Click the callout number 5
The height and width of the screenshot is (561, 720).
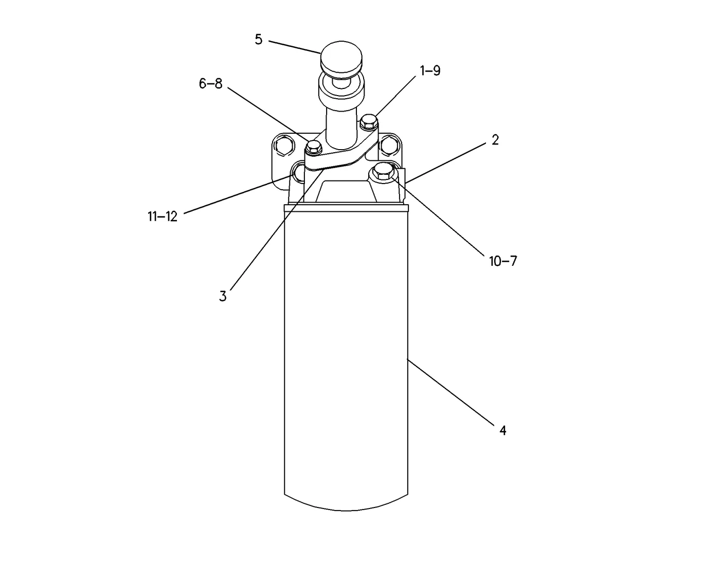pyautogui.click(x=259, y=40)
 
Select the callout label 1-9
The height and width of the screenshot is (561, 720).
pyautogui.click(x=430, y=70)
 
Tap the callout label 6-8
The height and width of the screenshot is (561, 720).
pyautogui.click(x=210, y=83)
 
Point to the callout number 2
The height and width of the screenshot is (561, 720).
pyautogui.click(x=495, y=140)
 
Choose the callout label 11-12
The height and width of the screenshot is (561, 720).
pyautogui.click(x=163, y=216)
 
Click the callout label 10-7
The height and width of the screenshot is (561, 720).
pyautogui.click(x=503, y=261)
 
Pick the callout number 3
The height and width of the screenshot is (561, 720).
pyautogui.click(x=223, y=296)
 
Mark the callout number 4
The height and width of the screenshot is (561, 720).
pyautogui.click(x=502, y=430)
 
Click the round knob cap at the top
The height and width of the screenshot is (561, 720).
pyautogui.click(x=341, y=59)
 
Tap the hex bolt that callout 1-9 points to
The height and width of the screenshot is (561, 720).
pyautogui.click(x=369, y=122)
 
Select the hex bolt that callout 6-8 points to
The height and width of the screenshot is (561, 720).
pyautogui.click(x=313, y=147)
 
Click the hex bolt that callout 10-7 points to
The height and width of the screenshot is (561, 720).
pyautogui.click(x=383, y=172)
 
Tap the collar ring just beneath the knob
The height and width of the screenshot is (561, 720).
pyautogui.click(x=341, y=87)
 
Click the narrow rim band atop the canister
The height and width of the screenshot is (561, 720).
pyautogui.click(x=346, y=208)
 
